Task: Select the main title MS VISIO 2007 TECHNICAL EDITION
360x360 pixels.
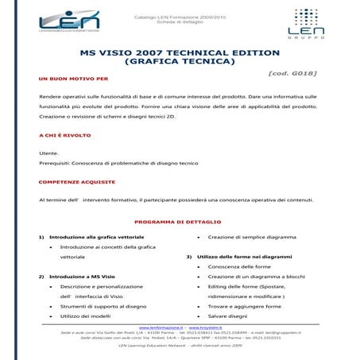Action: (x=180, y=52)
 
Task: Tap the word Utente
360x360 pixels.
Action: (x=48, y=153)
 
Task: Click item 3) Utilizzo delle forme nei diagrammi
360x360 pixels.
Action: (x=238, y=257)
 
